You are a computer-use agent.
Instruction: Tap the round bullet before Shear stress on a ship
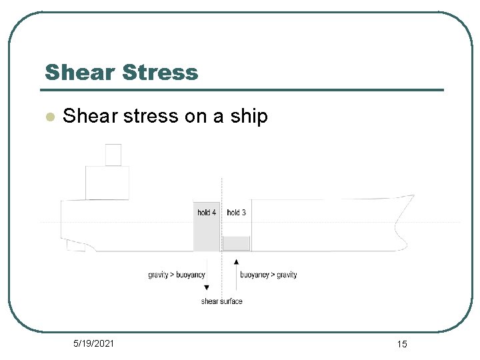(48, 116)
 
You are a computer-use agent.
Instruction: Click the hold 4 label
(207, 213)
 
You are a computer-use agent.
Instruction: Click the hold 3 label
(236, 213)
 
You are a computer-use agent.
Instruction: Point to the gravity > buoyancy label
(177, 275)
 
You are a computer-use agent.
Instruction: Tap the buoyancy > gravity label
(268, 275)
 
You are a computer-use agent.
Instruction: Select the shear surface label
(222, 301)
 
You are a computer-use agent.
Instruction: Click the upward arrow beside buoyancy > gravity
(236, 271)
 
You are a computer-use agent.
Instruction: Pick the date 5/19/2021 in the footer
(93, 343)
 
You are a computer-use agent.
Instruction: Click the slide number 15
(401, 344)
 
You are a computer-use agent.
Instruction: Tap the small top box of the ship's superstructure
(113, 155)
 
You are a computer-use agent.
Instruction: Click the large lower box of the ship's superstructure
(107, 182)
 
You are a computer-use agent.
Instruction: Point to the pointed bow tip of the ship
(413, 195)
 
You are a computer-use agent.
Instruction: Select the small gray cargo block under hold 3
(236, 243)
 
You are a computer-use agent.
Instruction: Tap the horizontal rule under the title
(243, 90)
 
